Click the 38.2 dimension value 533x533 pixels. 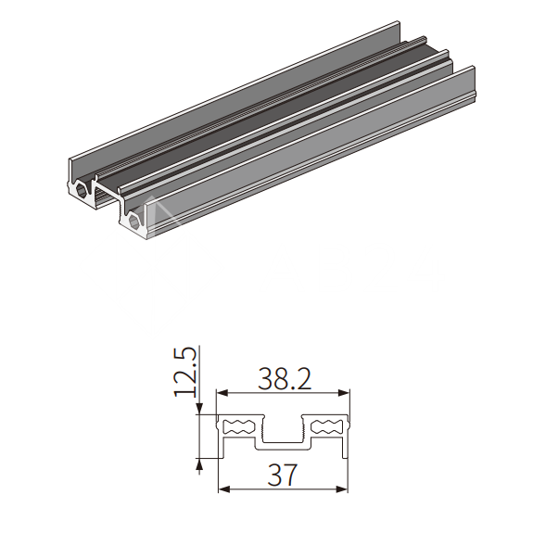[x=285, y=378]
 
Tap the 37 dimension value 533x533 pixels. [x=282, y=475]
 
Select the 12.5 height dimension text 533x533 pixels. [x=185, y=372]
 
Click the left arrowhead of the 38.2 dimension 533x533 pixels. [x=222, y=393]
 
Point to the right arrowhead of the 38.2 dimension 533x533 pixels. [x=344, y=393]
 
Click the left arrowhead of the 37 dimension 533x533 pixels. [x=224, y=489]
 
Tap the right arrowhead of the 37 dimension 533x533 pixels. [x=342, y=489]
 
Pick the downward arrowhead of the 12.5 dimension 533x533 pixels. [x=199, y=409]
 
